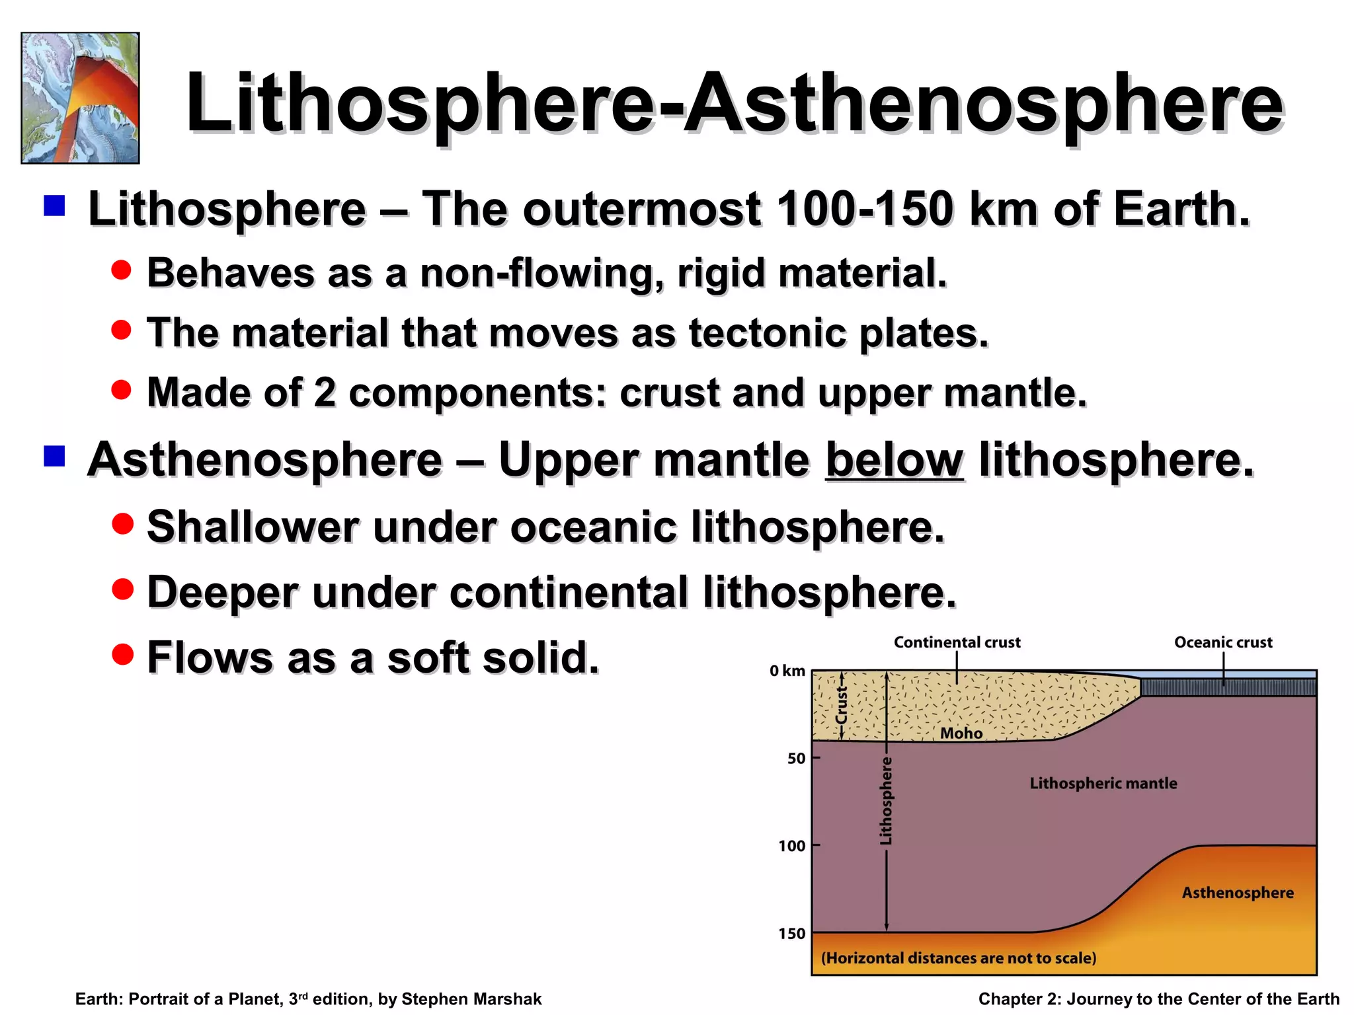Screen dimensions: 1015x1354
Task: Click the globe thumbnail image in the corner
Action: click(80, 98)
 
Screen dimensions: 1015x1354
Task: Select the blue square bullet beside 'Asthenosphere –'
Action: click(54, 456)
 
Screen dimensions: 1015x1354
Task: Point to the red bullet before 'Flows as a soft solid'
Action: click(122, 654)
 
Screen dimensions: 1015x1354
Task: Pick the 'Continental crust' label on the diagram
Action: click(957, 642)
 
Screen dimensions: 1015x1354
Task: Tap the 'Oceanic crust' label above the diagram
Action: click(1223, 642)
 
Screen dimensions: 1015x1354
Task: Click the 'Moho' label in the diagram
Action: click(961, 733)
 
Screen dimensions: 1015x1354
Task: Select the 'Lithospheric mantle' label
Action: click(1103, 783)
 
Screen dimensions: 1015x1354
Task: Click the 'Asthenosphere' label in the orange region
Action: click(1238, 893)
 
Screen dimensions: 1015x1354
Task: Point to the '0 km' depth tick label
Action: click(787, 671)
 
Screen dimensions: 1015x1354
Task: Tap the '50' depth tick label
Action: click(796, 759)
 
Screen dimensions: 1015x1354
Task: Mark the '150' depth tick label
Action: click(791, 934)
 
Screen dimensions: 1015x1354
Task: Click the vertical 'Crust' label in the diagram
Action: click(842, 706)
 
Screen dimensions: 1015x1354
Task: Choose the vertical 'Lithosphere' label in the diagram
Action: click(886, 801)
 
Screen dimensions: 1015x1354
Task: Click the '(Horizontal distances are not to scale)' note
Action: click(959, 958)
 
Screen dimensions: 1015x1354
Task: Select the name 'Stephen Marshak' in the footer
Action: click(471, 999)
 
